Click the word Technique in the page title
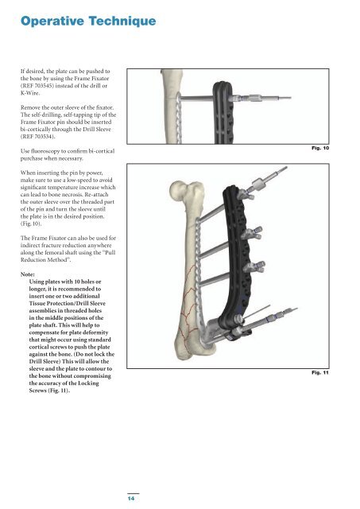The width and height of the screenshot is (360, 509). (x=122, y=21)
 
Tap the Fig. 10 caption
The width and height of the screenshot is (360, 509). (x=320, y=148)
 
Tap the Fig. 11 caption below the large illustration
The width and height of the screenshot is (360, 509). (x=320, y=373)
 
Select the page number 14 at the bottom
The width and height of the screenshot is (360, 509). (x=131, y=499)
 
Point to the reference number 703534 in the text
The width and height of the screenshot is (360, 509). (x=43, y=136)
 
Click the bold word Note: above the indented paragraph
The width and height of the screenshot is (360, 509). (x=28, y=274)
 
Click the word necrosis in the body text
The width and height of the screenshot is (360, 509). (x=72, y=195)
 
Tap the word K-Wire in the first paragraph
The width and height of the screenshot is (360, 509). (x=29, y=93)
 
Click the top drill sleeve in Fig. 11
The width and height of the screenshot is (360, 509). (x=246, y=194)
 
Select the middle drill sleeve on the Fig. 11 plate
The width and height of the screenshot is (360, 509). (x=252, y=233)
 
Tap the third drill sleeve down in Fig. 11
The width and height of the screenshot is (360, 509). (x=254, y=267)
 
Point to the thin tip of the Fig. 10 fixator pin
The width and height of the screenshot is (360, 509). (x=291, y=97)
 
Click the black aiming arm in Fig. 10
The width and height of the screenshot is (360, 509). (x=223, y=113)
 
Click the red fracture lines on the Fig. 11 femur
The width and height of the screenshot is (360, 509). (x=189, y=312)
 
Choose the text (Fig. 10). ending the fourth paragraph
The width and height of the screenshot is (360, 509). (x=31, y=223)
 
